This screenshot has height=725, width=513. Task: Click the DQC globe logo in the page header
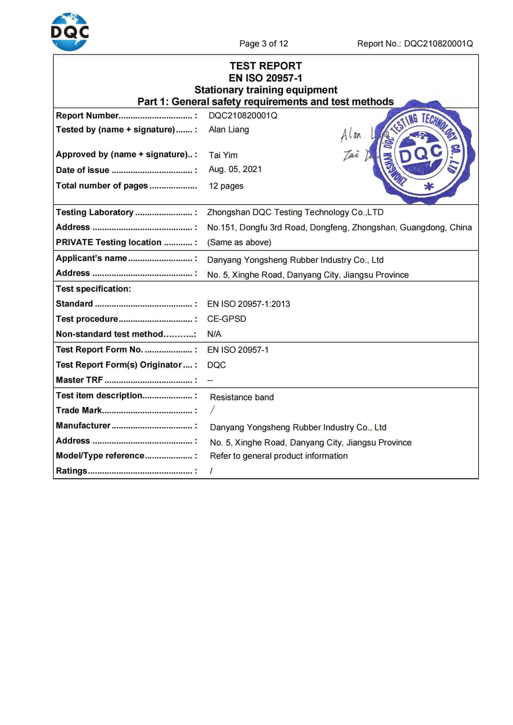coord(70,32)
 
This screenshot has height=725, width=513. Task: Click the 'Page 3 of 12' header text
coord(263,44)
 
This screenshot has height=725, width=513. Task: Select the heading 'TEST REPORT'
coord(266,66)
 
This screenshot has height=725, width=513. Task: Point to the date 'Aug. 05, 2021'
coord(235,169)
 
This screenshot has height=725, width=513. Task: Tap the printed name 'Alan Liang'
coord(229,130)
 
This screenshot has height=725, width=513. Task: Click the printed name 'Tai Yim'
coord(223,155)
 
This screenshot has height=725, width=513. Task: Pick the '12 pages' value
coord(226,186)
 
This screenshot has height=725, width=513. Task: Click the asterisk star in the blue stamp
coord(428,187)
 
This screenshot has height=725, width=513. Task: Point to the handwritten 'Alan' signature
coord(351,135)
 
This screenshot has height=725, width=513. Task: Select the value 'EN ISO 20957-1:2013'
coord(248,304)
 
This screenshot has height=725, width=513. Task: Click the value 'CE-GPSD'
coord(226,319)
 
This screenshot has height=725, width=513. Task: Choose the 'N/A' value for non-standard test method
coord(214,334)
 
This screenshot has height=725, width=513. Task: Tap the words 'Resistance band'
coord(242,397)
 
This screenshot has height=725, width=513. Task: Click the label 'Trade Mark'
coord(79,410)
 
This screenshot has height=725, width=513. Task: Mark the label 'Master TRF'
coord(79,380)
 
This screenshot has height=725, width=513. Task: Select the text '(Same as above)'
coord(239,242)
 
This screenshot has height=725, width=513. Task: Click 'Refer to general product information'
coord(279,456)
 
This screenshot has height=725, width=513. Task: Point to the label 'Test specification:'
coord(93,289)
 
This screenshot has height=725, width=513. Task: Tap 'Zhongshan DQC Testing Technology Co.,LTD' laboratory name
coord(295,212)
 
